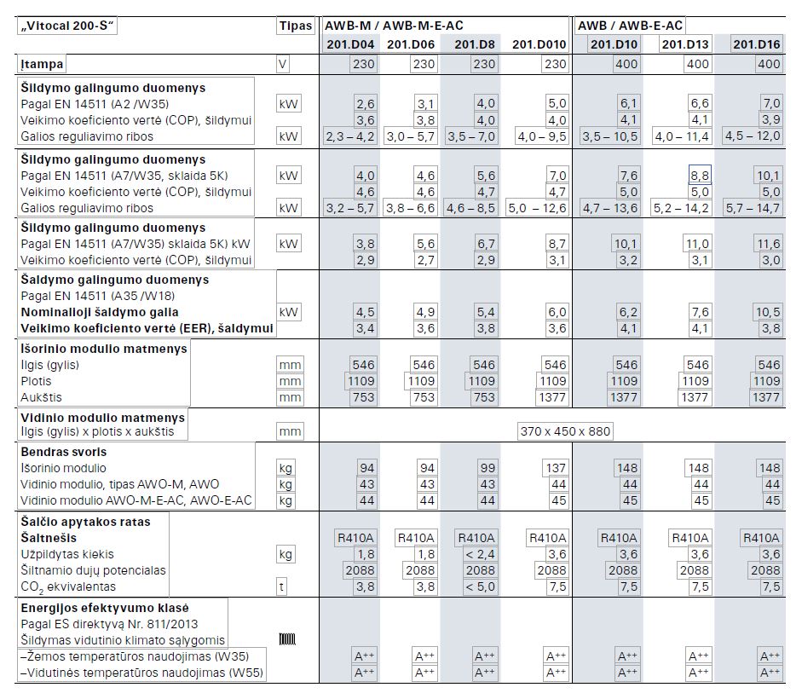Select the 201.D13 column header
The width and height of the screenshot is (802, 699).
(x=685, y=44)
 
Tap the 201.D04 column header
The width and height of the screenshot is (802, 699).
(x=350, y=44)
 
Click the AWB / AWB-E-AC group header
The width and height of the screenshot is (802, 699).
(x=630, y=26)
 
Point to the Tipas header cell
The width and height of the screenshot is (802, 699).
(x=295, y=26)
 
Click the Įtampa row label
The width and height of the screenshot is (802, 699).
(x=42, y=65)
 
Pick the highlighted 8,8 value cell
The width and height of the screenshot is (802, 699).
(x=700, y=176)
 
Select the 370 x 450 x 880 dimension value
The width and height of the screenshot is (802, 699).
(x=565, y=431)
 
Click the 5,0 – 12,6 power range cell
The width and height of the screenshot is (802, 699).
(x=537, y=208)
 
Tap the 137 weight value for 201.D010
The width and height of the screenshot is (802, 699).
(x=556, y=468)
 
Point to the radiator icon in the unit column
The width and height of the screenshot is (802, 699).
(x=287, y=639)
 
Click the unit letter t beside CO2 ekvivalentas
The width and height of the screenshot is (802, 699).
(x=281, y=587)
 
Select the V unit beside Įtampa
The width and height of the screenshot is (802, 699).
(x=282, y=65)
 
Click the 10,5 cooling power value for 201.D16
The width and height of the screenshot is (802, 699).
(x=768, y=312)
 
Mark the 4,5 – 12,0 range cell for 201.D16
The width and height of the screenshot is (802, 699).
(x=753, y=136)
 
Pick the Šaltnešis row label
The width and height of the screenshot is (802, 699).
(x=49, y=538)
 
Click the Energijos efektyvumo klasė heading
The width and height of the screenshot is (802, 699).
(x=105, y=608)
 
